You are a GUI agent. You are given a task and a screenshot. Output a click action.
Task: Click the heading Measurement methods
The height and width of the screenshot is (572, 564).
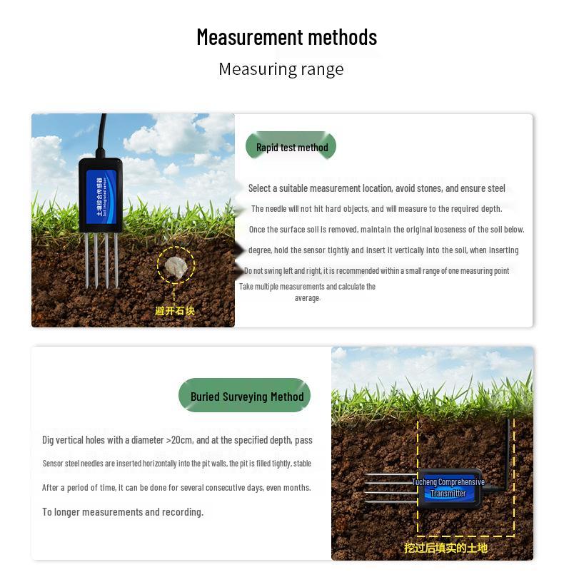[286, 37]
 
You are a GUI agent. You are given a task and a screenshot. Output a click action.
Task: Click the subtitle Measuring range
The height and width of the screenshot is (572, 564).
[281, 69]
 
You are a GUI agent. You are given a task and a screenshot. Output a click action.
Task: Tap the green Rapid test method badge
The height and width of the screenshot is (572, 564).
[291, 148]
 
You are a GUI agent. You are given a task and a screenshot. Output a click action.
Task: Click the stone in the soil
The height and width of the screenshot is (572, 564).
[175, 265]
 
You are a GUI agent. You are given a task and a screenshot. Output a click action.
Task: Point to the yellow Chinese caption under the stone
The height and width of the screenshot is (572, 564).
[175, 311]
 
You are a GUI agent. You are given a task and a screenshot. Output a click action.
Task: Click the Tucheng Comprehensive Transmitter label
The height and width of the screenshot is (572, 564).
[448, 488]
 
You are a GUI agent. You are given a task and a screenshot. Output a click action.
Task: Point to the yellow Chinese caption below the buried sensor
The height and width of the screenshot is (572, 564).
[445, 548]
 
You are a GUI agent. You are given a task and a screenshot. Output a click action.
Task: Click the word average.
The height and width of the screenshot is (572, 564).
[308, 297]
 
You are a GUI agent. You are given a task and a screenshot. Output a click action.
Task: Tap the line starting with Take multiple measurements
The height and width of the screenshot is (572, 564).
[307, 287]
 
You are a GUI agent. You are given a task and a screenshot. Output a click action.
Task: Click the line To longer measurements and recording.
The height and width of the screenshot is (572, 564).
[123, 512]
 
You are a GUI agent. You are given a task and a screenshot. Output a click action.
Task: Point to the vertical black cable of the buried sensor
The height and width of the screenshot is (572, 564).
[510, 449]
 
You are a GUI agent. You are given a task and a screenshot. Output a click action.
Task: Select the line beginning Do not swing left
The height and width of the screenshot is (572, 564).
[377, 271]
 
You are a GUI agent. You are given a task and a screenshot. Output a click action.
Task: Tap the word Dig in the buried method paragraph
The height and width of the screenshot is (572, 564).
[49, 440]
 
